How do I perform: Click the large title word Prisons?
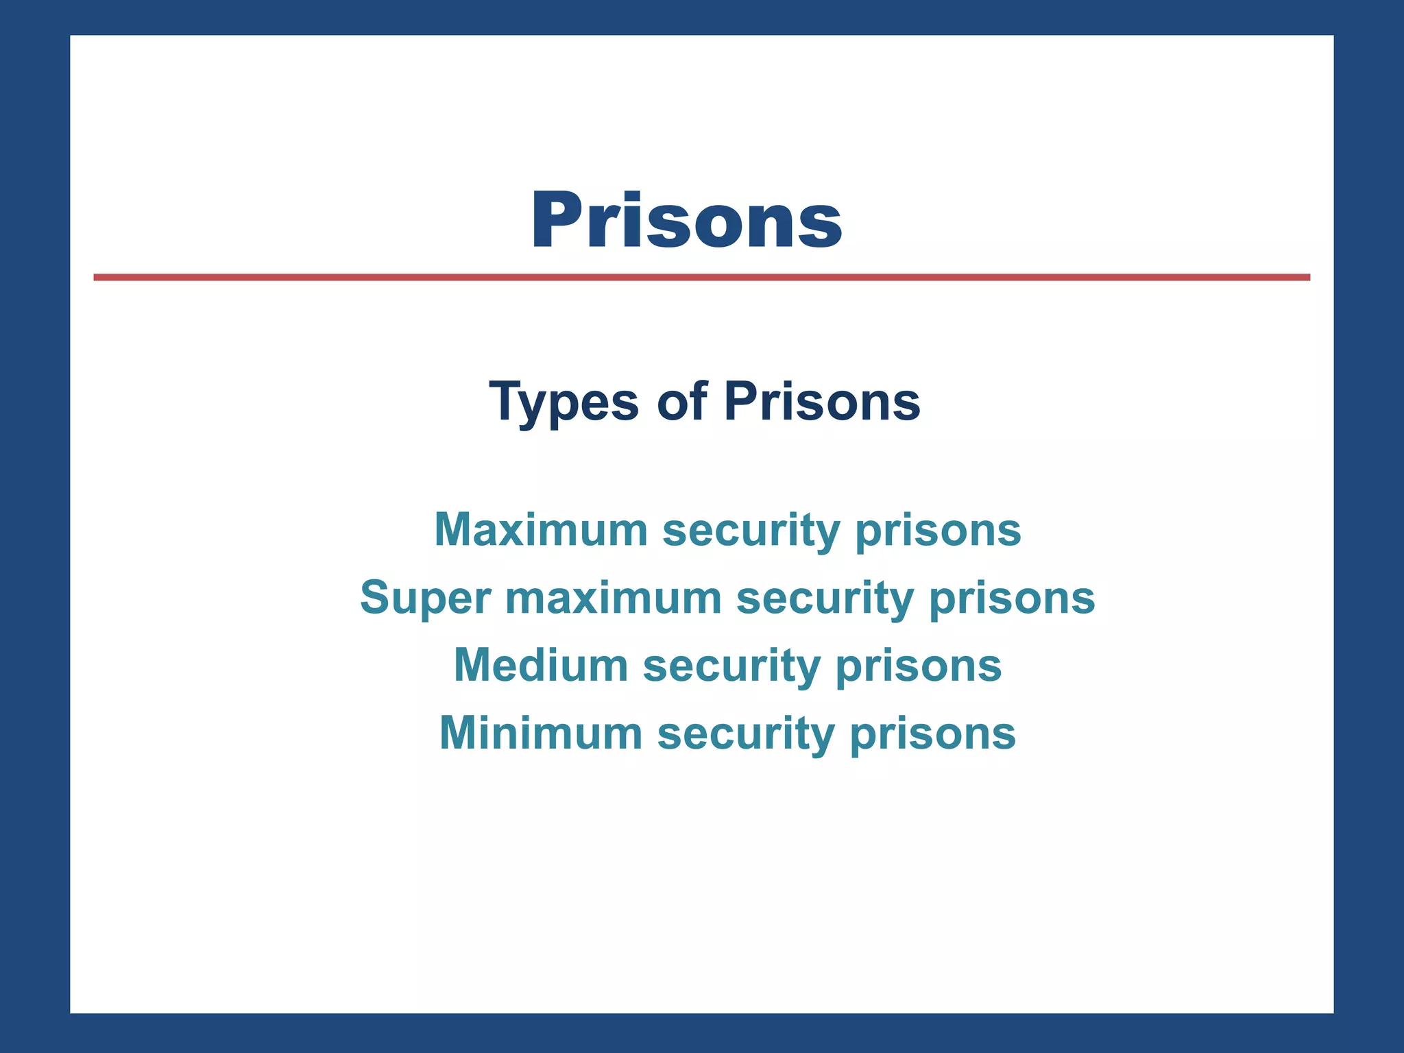[x=686, y=220]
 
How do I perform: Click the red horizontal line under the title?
[x=701, y=277]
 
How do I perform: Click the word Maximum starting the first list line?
[x=541, y=529]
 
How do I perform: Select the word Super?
[x=426, y=598]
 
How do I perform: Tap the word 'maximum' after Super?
[x=614, y=598]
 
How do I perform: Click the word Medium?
[x=541, y=665]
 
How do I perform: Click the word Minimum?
[x=541, y=733]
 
